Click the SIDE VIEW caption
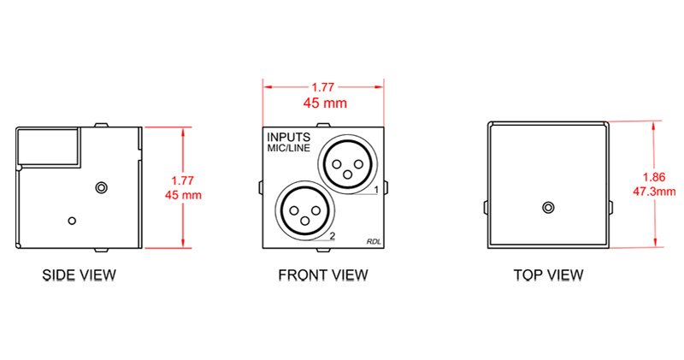80,275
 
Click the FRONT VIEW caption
323,275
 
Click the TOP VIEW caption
548,275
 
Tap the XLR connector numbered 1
347,162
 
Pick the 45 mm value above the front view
323,103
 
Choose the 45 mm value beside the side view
186,195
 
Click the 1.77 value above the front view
323,87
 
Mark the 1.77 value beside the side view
184,180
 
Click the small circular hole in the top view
548,207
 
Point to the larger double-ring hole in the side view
103,186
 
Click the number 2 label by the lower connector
331,236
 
